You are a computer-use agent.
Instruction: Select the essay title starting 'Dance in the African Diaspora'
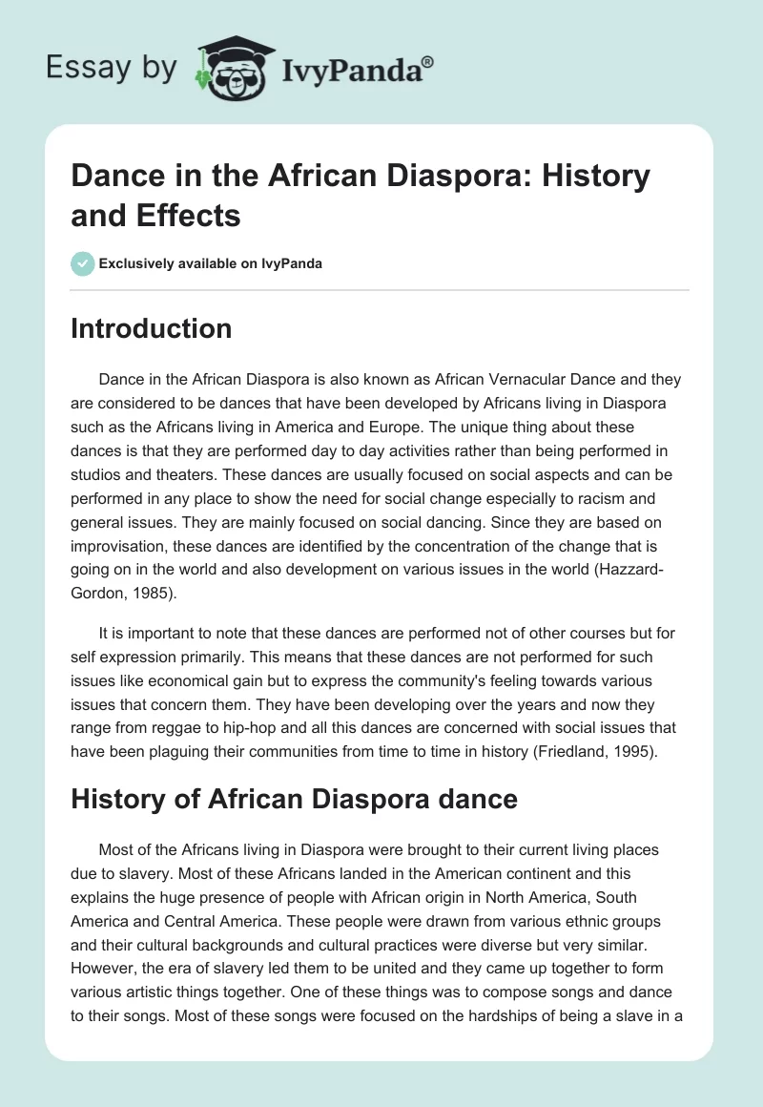coord(361,196)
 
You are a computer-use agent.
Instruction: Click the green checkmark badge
coord(83,263)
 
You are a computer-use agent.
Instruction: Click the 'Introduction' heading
coord(151,328)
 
